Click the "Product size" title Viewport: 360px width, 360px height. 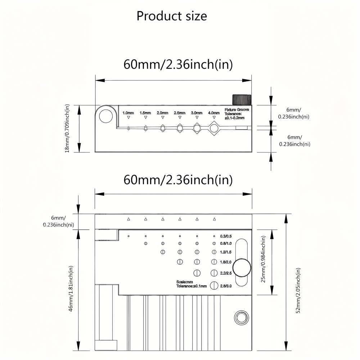[172, 16]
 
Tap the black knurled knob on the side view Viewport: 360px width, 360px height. [242, 100]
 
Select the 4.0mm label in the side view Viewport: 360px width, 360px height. [214, 113]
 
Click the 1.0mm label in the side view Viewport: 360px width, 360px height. [128, 113]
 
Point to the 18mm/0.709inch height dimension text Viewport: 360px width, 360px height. [67, 129]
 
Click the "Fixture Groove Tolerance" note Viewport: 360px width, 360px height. [237, 114]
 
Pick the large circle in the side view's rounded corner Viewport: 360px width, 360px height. [106, 116]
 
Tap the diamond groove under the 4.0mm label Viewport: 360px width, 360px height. [214, 129]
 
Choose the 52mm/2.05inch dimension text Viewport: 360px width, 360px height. [298, 291]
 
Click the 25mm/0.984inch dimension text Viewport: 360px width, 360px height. [264, 259]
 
